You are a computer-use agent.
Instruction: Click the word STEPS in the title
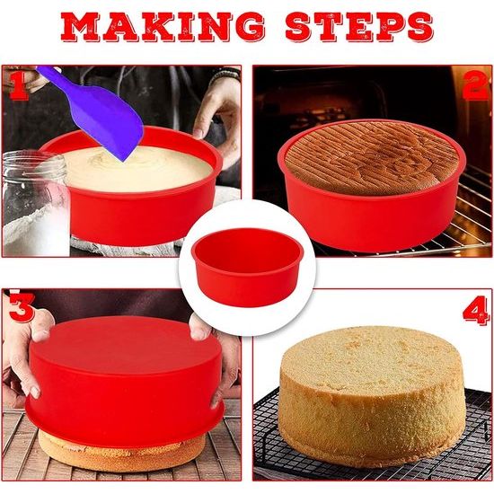(x=358, y=28)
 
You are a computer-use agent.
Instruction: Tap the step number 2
(x=474, y=85)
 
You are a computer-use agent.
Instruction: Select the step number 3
(x=20, y=309)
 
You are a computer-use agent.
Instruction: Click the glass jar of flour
(x=31, y=202)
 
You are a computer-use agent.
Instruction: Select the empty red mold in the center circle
(x=246, y=269)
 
